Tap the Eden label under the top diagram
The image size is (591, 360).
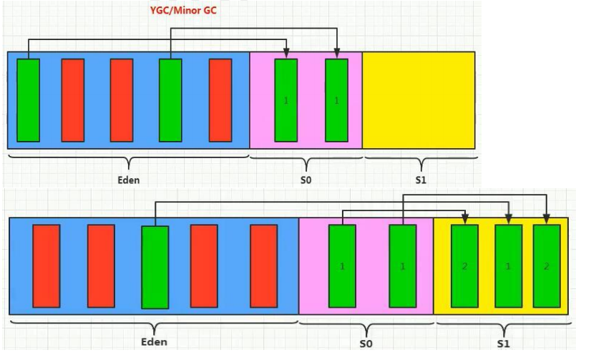click(x=129, y=180)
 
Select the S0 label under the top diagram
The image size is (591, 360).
click(x=306, y=180)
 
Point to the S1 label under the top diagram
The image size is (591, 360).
click(x=420, y=180)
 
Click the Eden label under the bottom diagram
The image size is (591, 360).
click(x=153, y=342)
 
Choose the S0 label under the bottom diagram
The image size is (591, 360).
click(x=366, y=344)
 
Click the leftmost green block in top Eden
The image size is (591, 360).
click(x=29, y=100)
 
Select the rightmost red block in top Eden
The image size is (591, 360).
click(x=220, y=100)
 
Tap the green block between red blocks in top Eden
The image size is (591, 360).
click(x=170, y=100)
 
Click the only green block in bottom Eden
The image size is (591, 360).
click(x=155, y=267)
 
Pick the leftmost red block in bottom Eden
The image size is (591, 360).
click(x=47, y=266)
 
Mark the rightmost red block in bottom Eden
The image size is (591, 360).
click(x=263, y=266)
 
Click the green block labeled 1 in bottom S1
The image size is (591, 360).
click(x=507, y=266)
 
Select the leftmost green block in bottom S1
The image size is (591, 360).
click(x=465, y=266)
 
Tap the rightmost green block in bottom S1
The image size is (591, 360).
click(x=547, y=266)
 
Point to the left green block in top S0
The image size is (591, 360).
click(x=286, y=100)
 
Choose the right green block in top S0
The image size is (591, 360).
click(x=336, y=100)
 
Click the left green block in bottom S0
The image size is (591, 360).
click(x=342, y=266)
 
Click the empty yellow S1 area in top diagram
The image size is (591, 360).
click(x=419, y=100)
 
